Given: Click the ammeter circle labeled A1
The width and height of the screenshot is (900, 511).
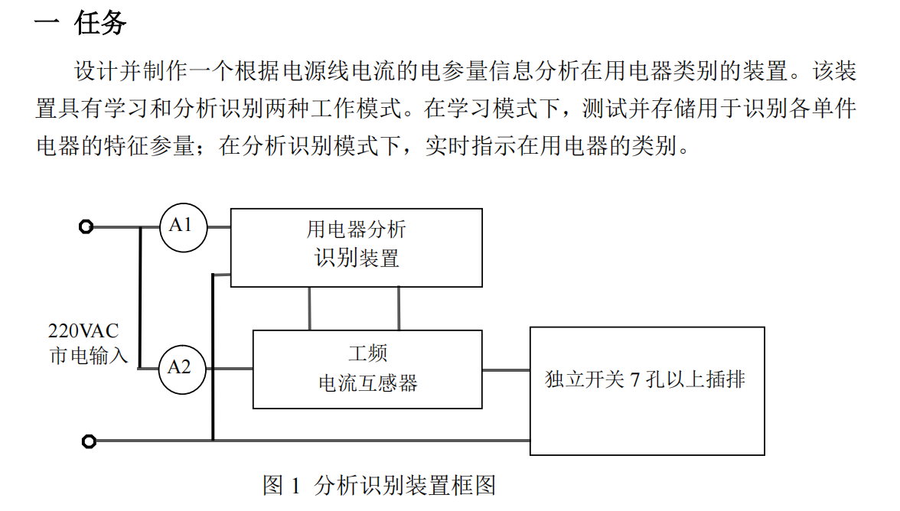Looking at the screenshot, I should click(183, 227).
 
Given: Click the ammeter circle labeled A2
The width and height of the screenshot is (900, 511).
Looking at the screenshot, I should click(181, 369).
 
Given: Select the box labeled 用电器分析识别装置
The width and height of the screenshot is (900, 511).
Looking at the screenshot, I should click(357, 247).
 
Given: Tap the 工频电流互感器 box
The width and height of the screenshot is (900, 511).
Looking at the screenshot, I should click(367, 369).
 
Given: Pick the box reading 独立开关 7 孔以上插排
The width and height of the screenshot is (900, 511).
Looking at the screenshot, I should click(647, 391).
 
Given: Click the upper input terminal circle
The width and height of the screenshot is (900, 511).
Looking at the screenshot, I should click(86, 227).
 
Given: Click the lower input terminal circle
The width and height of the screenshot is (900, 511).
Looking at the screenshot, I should click(89, 441).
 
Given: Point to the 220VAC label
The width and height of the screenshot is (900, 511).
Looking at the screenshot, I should click(83, 332).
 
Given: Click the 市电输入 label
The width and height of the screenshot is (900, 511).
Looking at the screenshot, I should click(89, 356).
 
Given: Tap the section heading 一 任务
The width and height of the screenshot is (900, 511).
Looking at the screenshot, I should click(80, 23).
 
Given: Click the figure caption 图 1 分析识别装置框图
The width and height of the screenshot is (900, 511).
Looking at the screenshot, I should click(380, 486).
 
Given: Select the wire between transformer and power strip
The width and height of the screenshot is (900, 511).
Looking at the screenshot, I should click(506, 369).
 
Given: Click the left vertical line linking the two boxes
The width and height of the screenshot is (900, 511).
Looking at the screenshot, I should click(310, 308).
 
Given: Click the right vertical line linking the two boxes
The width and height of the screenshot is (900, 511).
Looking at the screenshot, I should click(399, 308).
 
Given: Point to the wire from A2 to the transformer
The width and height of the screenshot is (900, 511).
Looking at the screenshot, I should click(230, 369).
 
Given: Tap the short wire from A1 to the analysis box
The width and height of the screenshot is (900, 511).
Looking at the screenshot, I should click(219, 227).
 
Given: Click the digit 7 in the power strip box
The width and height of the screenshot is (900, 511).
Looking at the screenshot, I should click(634, 379).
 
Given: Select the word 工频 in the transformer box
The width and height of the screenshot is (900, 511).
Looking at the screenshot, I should click(368, 353).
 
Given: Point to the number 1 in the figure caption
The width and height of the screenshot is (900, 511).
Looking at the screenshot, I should click(298, 486).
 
